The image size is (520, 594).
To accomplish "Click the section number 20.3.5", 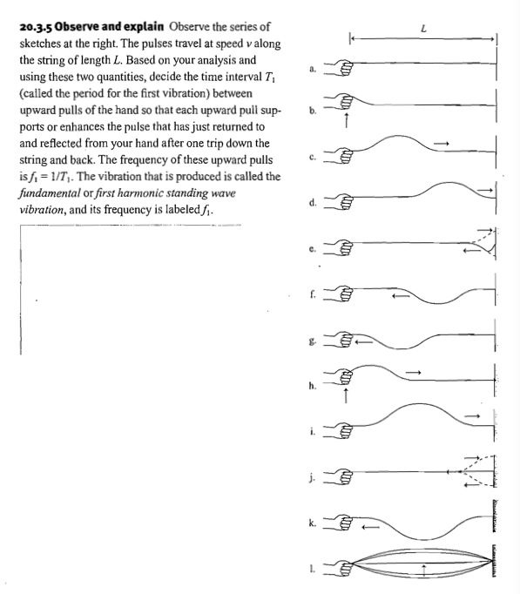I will (38, 28).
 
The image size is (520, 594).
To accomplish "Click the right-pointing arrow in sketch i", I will (470, 415).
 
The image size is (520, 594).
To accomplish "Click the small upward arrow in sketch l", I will (422, 570).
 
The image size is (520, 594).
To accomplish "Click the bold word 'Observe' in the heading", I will (88, 28).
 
